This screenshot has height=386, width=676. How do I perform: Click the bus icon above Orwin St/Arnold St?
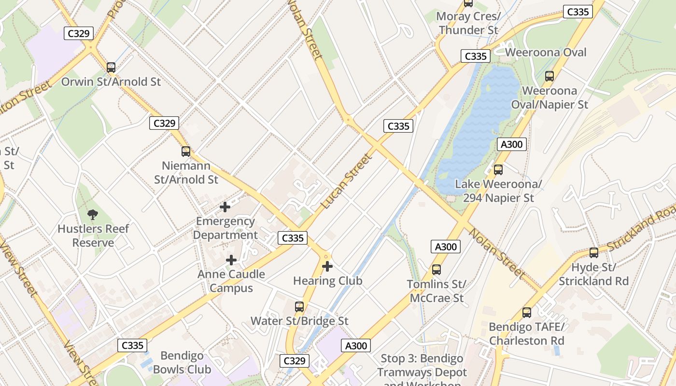[111, 68]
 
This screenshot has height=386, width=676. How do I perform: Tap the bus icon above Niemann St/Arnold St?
[186, 152]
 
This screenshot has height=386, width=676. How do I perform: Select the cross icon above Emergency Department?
[225, 207]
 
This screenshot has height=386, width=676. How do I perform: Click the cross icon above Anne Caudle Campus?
[231, 260]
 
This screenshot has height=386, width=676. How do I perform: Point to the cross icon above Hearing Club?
[327, 266]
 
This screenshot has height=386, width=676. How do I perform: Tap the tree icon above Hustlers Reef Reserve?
[93, 214]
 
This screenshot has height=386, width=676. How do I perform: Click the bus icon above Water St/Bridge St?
[299, 306]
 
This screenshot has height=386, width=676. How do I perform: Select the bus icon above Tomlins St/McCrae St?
[437, 270]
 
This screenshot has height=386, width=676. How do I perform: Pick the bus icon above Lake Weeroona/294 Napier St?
[498, 170]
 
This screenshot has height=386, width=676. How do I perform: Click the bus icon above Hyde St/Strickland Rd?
[594, 252]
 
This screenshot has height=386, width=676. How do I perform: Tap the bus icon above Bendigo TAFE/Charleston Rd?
[527, 312]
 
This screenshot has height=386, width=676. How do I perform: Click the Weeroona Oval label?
[546, 52]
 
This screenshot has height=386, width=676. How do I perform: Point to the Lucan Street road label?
[347, 181]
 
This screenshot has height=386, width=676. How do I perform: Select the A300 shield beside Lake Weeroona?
[511, 144]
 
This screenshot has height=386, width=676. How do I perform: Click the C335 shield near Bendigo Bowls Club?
[132, 345]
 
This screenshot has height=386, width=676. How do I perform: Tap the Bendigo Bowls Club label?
[182, 363]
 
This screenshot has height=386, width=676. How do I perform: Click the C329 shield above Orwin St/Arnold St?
[79, 33]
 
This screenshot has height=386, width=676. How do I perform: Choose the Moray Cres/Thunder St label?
[468, 23]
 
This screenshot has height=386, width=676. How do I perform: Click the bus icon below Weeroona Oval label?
[549, 76]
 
